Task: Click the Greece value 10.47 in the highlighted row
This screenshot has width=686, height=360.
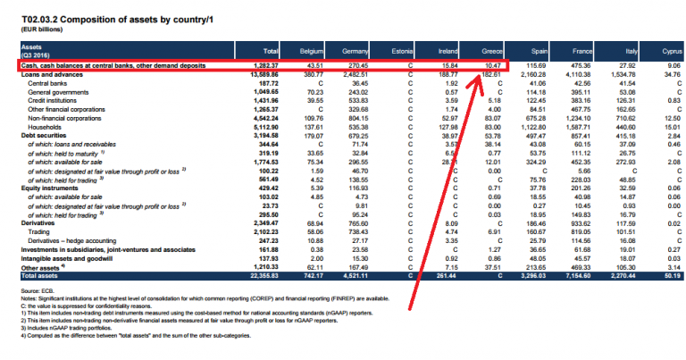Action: tap(496, 66)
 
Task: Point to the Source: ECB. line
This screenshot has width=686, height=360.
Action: tap(33, 292)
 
